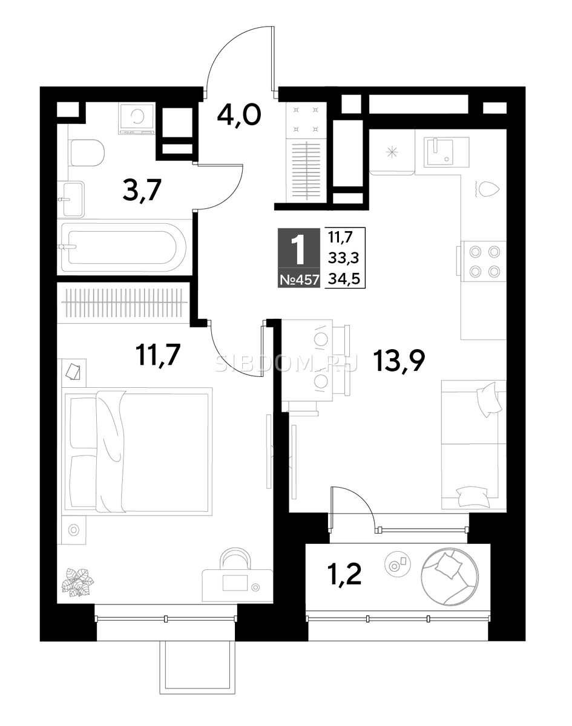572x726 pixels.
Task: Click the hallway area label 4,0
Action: coord(238,116)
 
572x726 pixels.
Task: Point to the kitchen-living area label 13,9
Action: coord(399,361)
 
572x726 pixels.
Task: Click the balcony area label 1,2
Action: coord(345,575)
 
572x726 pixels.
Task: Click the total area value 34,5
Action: coord(344,280)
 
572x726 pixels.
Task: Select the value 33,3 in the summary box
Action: coord(344,259)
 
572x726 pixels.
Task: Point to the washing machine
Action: coord(137,119)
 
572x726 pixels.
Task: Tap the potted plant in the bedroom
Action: coord(77,583)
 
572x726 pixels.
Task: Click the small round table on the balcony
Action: coord(398,563)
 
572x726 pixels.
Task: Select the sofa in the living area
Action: coord(474,445)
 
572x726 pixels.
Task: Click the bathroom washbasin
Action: coord(71,200)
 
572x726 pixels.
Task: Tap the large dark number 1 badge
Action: coord(299,250)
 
